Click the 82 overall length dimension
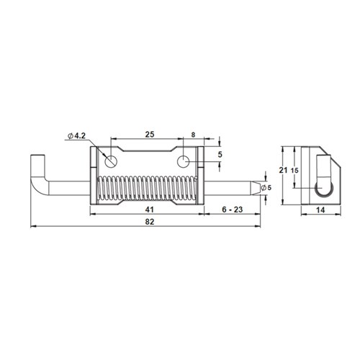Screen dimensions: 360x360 tap(148, 222)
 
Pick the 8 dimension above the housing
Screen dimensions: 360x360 tap(193, 134)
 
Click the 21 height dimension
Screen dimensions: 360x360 tap(284, 170)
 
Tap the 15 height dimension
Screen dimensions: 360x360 tap(295, 170)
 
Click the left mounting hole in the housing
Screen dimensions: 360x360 tap(109, 159)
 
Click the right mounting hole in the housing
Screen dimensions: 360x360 tap(184, 159)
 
